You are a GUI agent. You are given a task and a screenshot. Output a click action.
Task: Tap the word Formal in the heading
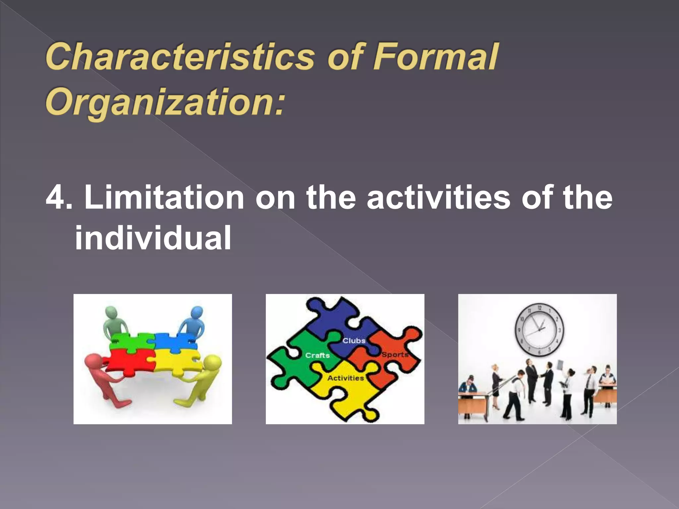(435, 57)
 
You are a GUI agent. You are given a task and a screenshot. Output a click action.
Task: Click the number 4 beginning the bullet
(55, 198)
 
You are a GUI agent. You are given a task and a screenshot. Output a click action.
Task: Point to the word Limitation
(164, 198)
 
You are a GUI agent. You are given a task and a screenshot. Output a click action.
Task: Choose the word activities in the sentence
(438, 198)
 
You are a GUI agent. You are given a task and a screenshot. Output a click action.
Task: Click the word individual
(153, 238)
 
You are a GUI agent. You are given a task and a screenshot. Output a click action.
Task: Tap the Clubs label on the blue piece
(354, 341)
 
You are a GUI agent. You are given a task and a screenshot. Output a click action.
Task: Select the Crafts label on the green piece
(317, 355)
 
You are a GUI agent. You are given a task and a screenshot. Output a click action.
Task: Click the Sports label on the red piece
(394, 355)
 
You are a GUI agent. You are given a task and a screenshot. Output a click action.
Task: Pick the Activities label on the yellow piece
(345, 378)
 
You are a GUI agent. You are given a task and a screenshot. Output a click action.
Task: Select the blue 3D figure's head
(197, 312)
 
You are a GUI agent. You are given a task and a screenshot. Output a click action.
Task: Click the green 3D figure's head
(111, 312)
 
